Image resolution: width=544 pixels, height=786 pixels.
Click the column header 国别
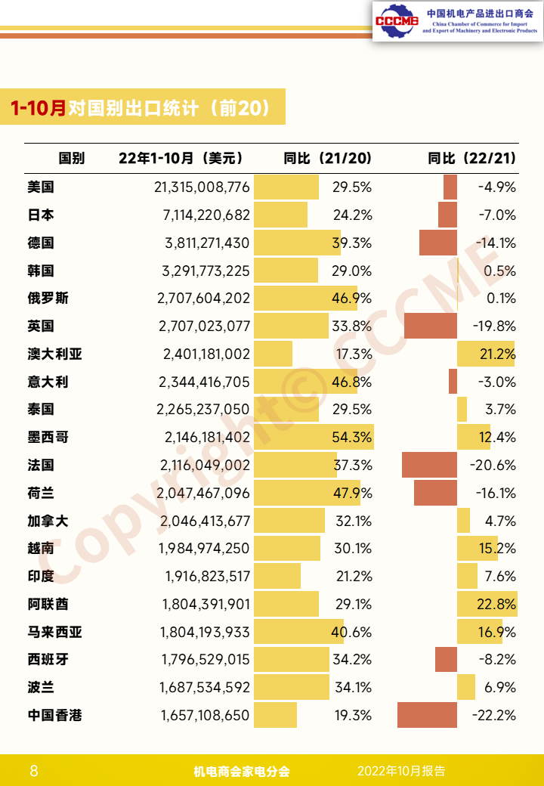pos(72,159)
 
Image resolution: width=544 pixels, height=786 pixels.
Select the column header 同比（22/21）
pos(472,159)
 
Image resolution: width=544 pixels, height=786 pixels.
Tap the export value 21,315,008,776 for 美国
pos(202,187)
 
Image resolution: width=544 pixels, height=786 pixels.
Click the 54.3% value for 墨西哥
pos(351,437)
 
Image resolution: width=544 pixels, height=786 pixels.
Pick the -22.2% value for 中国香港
pos(494,715)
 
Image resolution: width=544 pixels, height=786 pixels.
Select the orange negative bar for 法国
pos(429,465)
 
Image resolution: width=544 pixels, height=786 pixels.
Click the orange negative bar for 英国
pos(431,326)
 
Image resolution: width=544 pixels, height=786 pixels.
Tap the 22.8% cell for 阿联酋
pos(496,604)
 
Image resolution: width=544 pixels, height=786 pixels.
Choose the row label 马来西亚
pos(54,632)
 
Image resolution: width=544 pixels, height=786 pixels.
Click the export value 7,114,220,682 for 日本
pos(206,215)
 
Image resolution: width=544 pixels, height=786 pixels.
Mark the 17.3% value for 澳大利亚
pos(354,354)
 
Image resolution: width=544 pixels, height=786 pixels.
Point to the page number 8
pos(34,770)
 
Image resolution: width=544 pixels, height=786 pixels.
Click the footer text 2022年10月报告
pos(401,770)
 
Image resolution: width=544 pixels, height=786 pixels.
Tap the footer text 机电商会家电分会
pos(242,771)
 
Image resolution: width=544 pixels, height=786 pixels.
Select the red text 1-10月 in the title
pos(38,108)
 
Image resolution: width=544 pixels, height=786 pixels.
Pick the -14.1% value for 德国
pos(496,243)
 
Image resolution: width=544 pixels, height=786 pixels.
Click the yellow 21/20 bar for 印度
pos(277,576)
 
